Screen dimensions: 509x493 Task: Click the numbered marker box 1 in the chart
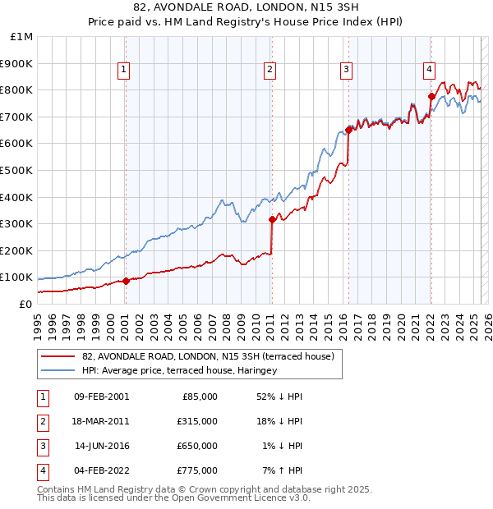[123, 71]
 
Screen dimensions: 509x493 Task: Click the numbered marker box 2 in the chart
[270, 71]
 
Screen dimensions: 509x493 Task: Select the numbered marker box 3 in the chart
[347, 71]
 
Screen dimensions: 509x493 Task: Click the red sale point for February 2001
[126, 281]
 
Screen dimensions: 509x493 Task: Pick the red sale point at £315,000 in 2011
[272, 219]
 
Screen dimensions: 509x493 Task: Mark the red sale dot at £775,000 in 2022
[431, 96]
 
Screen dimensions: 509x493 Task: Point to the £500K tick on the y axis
[17, 170]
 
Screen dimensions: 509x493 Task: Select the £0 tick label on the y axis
[25, 304]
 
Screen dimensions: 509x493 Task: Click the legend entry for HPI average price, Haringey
[180, 370]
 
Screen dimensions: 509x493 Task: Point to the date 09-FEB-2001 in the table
[100, 397]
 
